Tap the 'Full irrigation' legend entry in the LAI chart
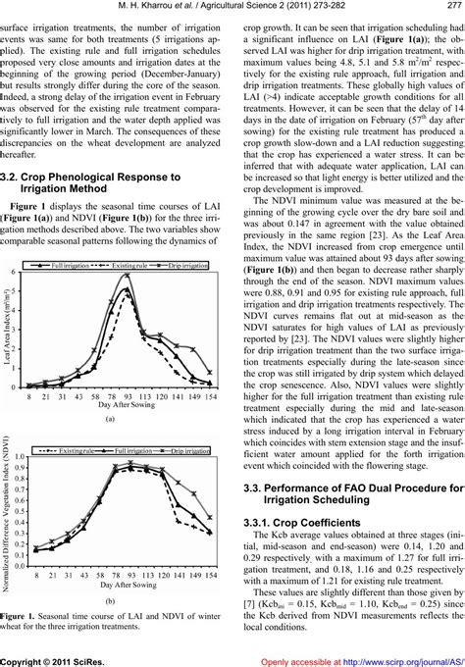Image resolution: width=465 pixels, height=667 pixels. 67,266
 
